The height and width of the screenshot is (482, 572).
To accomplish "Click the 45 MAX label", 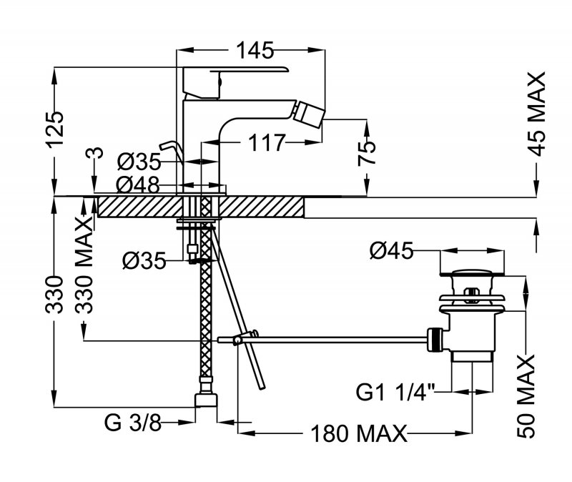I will click(535, 114).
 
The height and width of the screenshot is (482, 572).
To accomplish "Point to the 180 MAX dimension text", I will click(357, 433).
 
